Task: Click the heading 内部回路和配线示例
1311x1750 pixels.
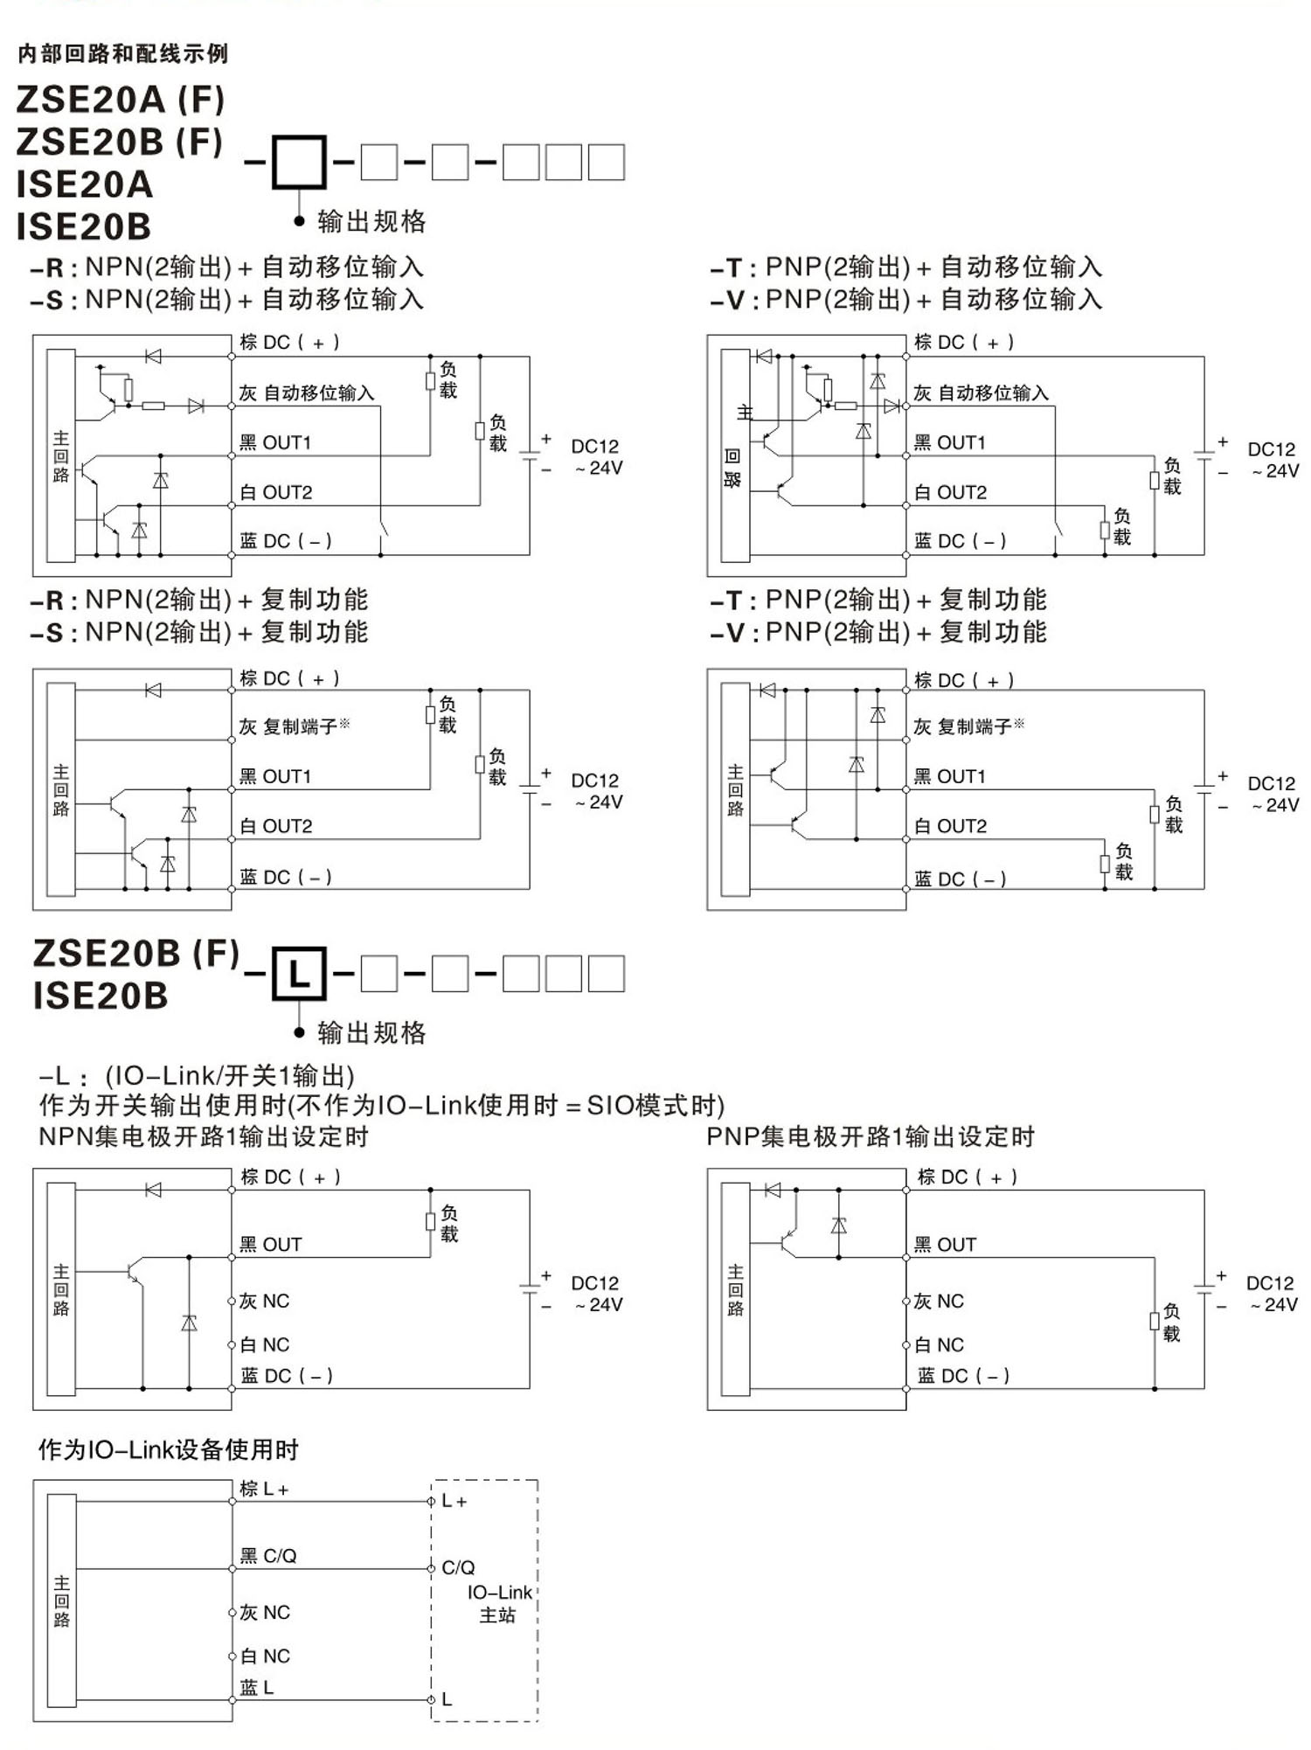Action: pos(122,54)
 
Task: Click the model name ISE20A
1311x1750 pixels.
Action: pos(85,184)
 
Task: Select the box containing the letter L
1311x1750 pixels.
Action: pos(299,973)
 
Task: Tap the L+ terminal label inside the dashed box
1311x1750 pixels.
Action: pos(454,1501)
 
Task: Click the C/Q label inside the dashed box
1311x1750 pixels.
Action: pos(459,1567)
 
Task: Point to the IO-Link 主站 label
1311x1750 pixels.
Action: pos(499,1603)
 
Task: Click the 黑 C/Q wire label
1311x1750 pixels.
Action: pos(268,1556)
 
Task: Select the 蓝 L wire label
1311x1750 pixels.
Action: pos(257,1688)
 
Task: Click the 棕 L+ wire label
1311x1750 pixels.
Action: pos(264,1489)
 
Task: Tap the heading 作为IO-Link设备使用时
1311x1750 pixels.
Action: pos(168,1450)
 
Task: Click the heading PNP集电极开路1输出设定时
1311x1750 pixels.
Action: pos(871,1137)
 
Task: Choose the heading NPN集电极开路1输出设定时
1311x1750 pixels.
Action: pos(204,1137)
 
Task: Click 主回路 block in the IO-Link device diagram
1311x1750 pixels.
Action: pos(61,1601)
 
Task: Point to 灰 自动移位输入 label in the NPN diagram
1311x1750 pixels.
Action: pos(307,393)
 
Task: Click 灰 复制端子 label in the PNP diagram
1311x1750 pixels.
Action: pos(968,726)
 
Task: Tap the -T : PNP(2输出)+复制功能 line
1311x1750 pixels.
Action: pos(878,601)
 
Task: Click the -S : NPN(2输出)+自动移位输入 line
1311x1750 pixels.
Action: pos(227,300)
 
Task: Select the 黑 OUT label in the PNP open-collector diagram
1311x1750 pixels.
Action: pos(945,1245)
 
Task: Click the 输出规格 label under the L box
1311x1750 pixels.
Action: pos(371,1033)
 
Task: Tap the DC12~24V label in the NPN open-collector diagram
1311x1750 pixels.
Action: pos(596,1294)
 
